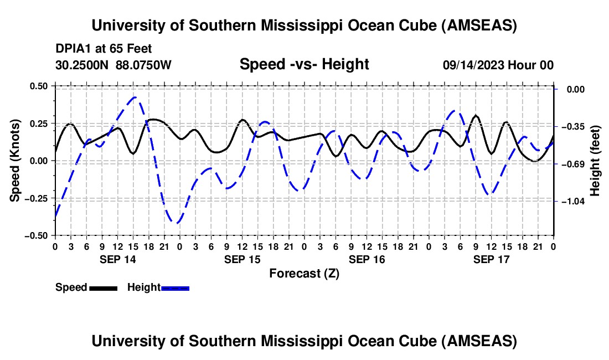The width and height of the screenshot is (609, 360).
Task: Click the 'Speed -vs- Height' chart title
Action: tap(304, 64)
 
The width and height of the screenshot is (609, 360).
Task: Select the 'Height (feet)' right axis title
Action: tap(595, 160)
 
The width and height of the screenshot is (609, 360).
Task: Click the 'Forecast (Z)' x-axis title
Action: tap(304, 273)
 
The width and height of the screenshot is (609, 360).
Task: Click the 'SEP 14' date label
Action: tap(117, 259)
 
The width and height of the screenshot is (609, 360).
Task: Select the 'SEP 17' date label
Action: tap(491, 259)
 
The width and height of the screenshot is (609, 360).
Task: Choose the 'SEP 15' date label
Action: tap(242, 259)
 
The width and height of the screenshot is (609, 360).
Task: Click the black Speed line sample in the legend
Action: tap(103, 288)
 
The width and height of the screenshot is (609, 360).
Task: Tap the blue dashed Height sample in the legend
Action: tap(175, 288)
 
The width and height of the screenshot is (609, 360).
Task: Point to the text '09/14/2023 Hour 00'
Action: tap(498, 65)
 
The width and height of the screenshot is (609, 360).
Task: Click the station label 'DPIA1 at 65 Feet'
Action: tap(104, 49)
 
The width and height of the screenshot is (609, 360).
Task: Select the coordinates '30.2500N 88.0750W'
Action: tap(113, 65)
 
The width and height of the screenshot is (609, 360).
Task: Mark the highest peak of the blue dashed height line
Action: tap(134, 97)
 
